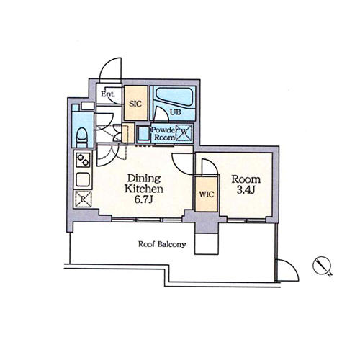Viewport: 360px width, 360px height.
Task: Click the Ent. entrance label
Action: [108, 94]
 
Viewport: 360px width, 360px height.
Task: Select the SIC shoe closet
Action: [135, 103]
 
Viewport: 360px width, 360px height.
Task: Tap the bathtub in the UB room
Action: [174, 98]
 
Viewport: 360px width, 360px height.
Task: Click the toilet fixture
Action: [82, 138]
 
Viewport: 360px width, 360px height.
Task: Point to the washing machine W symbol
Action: [184, 132]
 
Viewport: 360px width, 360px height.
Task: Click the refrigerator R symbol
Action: [83, 199]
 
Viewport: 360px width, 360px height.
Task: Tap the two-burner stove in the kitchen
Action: [83, 160]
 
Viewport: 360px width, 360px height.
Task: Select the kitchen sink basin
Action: [83, 179]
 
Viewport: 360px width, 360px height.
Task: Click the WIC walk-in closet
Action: [206, 194]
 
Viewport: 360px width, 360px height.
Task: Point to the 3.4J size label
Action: [246, 190]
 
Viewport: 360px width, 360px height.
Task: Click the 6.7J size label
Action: [144, 199]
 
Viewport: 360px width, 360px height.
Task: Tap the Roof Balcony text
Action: [162, 244]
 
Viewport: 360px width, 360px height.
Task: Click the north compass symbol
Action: [323, 266]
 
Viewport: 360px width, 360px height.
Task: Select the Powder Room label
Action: [164, 134]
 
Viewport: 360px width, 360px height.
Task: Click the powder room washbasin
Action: [143, 132]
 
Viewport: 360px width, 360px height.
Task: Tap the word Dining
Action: [144, 179]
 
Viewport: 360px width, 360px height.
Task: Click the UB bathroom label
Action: [176, 112]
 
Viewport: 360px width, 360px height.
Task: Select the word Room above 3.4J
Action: [246, 179]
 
